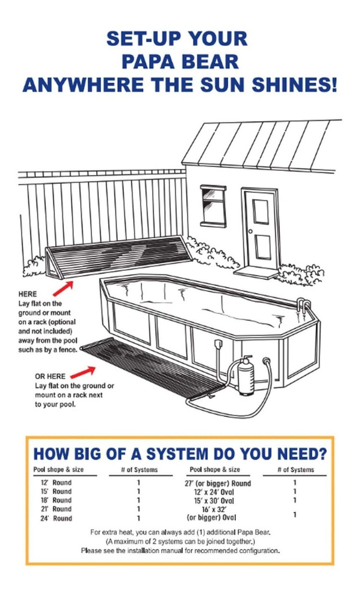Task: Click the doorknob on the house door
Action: (x=250, y=231)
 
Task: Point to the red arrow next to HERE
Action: (x=63, y=289)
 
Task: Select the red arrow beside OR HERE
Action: (x=83, y=372)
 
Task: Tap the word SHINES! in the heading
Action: (x=295, y=85)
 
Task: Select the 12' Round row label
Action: (x=56, y=482)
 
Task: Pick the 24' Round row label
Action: (x=56, y=518)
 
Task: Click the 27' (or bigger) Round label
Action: (x=218, y=483)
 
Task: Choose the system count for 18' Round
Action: (x=138, y=500)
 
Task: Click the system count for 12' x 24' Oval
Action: (x=295, y=491)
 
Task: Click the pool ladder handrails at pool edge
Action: (x=304, y=306)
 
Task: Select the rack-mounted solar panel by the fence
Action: (x=118, y=256)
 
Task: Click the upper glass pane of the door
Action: (x=261, y=211)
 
